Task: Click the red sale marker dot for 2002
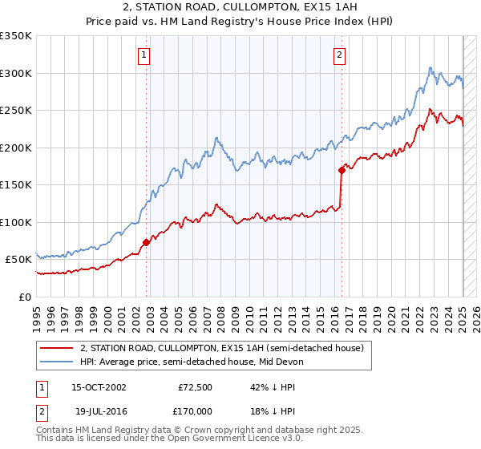pyautogui.click(x=147, y=242)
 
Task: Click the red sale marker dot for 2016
pyautogui.click(x=342, y=170)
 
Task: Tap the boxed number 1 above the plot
pyautogui.click(x=143, y=55)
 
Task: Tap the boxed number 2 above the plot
pyautogui.click(x=339, y=55)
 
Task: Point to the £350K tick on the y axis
pyautogui.click(x=16, y=36)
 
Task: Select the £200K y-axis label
pyautogui.click(x=16, y=148)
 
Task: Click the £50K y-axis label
pyautogui.click(x=18, y=260)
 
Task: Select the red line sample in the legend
pyautogui.click(x=57, y=348)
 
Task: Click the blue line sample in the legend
pyautogui.click(x=57, y=362)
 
